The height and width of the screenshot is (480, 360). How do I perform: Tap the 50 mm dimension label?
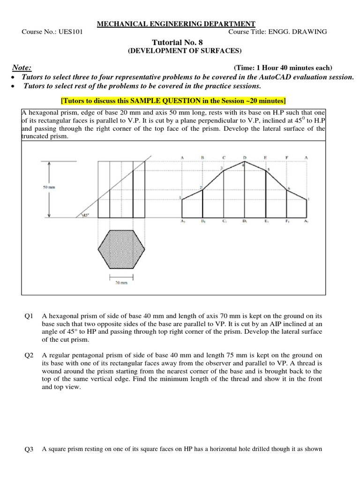point(49,187)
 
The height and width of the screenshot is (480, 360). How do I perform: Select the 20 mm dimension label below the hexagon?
point(121,283)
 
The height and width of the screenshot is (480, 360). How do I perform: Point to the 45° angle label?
point(85,215)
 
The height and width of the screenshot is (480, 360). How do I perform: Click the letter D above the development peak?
point(244,157)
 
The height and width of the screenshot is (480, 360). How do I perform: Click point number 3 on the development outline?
point(221,168)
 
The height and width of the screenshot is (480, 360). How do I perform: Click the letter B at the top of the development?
point(202,157)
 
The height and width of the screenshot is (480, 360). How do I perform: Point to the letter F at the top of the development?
point(286,157)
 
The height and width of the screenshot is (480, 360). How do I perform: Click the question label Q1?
point(29,316)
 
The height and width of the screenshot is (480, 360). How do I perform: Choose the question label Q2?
point(29,355)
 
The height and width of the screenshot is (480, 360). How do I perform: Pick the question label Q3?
point(29,449)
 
